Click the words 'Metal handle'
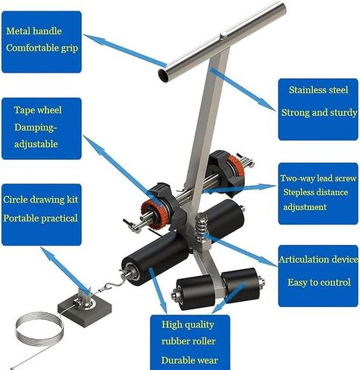coord(34,31)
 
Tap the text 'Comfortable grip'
coord(42,48)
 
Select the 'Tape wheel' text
coord(38,110)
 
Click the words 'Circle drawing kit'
coord(40,199)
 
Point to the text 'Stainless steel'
coord(318,90)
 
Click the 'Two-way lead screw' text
coord(318,178)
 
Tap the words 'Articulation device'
coord(318,259)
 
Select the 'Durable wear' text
coord(189,360)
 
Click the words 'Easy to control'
coord(319,282)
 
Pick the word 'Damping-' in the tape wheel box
coord(36,127)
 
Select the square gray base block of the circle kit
coord(85,309)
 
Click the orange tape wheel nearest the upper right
coord(237,166)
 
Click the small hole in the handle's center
coord(223,36)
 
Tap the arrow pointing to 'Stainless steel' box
coord(243,89)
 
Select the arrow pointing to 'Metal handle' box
coord(125,50)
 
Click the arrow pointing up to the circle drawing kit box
coord(65,271)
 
